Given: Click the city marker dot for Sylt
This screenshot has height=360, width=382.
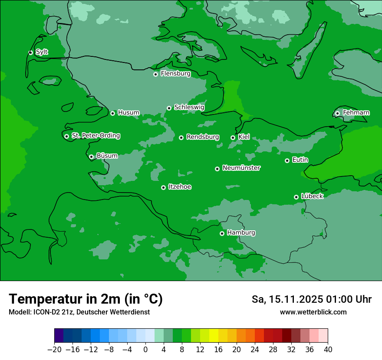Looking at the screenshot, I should pyautogui.click(x=30, y=52).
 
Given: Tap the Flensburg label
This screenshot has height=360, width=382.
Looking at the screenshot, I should pyautogui.click(x=175, y=74).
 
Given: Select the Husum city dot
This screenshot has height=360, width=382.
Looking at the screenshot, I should pyautogui.click(x=112, y=113).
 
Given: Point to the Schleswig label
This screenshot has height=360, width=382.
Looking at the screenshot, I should pyautogui.click(x=189, y=107).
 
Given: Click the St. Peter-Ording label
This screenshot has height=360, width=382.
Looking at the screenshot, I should pyautogui.click(x=95, y=136).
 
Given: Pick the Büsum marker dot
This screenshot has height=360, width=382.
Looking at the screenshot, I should pyautogui.click(x=91, y=157).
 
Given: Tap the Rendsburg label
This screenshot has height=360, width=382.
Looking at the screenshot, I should pyautogui.click(x=202, y=137).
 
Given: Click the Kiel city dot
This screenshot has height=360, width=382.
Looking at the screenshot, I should pyautogui.click(x=233, y=137).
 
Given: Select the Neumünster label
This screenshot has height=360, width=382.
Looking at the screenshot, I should pyautogui.click(x=241, y=168).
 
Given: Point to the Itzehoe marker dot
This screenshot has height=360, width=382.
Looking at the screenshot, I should pyautogui.click(x=163, y=187).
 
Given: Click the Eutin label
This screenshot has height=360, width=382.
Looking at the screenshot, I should pyautogui.click(x=300, y=160).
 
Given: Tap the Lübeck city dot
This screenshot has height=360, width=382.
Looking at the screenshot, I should pyautogui.click(x=296, y=197).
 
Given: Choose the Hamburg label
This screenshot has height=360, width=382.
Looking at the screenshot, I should pyautogui.click(x=241, y=233).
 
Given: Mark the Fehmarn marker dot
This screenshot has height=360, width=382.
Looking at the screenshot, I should pyautogui.click(x=337, y=113).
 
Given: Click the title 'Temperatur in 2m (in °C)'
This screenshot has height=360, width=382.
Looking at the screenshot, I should pyautogui.click(x=86, y=299).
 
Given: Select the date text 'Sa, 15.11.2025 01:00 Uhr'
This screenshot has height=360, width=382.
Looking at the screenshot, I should pyautogui.click(x=311, y=300).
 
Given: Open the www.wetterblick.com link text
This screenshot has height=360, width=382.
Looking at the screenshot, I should pyautogui.click(x=313, y=312).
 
